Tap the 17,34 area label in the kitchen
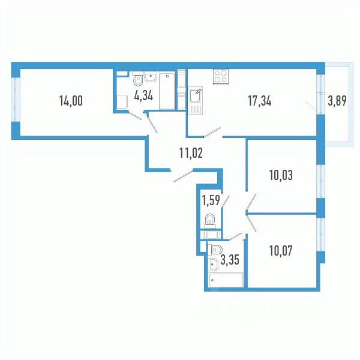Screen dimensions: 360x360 click(260, 101)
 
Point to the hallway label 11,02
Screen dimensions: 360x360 click(191, 152)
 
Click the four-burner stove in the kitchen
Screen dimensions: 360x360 click(220, 77)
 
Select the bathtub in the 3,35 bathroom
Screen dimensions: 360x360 click(225, 280)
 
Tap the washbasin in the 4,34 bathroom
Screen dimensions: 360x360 click(149, 77)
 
